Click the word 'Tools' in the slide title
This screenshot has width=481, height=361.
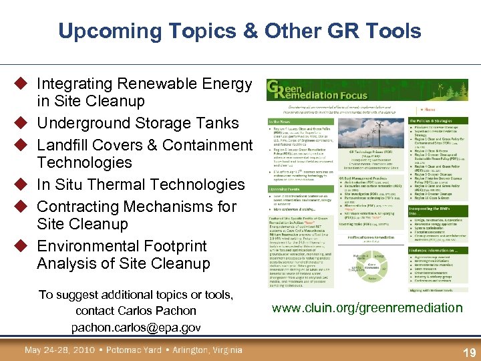pyautogui.click(x=393, y=31)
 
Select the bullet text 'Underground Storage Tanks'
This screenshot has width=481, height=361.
pyautogui.click(x=138, y=123)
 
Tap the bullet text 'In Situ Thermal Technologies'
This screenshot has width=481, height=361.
pyautogui.click(x=141, y=185)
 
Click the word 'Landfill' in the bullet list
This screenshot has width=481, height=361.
pyautogui.click(x=63, y=145)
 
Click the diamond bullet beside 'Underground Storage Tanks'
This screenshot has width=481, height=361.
pyautogui.click(x=21, y=123)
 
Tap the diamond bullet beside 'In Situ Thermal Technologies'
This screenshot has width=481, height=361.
pyautogui.click(x=21, y=185)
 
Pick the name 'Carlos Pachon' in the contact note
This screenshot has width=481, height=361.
pyautogui.click(x=156, y=311)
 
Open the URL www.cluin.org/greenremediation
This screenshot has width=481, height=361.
pyautogui.click(x=367, y=308)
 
